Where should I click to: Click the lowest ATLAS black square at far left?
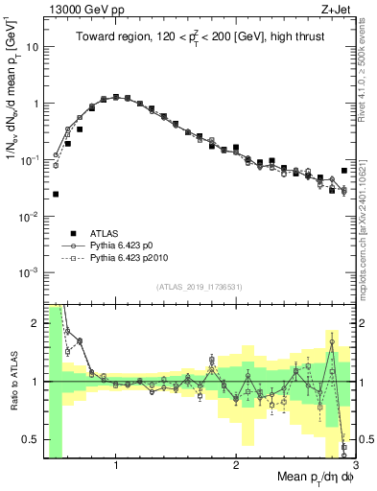pos(56,194)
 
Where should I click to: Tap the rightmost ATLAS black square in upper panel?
pos(344,171)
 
